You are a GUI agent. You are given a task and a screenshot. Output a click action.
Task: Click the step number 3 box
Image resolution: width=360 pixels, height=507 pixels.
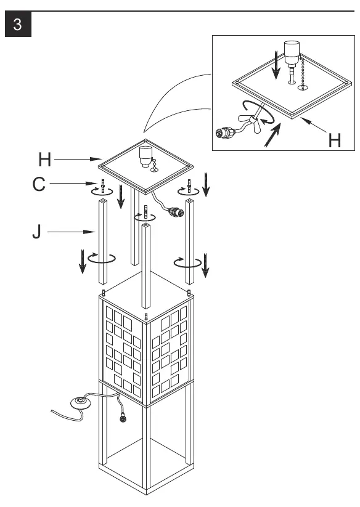click(18, 24)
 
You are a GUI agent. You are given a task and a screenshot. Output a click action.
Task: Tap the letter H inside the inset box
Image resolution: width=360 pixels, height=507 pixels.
click(335, 140)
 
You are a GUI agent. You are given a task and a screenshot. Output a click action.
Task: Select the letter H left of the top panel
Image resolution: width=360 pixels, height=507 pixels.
click(44, 160)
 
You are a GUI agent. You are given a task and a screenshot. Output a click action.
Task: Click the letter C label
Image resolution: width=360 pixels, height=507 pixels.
click(39, 184)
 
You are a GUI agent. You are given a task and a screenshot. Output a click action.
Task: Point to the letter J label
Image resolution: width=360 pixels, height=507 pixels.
click(37, 232)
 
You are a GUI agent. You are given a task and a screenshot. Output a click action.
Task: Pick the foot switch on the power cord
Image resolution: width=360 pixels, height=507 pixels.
click(81, 403)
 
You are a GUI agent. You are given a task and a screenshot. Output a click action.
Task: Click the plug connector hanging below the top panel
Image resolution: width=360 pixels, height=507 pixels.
click(176, 213)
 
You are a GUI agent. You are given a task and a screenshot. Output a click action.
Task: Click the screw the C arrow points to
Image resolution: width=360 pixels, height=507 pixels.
click(103, 187)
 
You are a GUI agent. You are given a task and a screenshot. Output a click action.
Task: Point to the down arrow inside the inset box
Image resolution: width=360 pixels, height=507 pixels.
click(276, 66)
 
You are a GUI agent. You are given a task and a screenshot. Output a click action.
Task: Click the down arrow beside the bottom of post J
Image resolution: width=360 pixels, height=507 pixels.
click(83, 261)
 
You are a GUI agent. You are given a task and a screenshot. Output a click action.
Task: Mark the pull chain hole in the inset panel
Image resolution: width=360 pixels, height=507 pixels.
click(303, 87)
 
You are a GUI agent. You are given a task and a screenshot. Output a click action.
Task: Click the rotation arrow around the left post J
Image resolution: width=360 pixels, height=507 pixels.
click(102, 258)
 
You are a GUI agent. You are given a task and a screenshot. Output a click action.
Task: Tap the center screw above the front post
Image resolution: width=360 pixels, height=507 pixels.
click(145, 212)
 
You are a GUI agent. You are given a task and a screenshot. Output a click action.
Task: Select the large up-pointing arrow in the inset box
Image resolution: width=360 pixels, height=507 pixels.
click(272, 136)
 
